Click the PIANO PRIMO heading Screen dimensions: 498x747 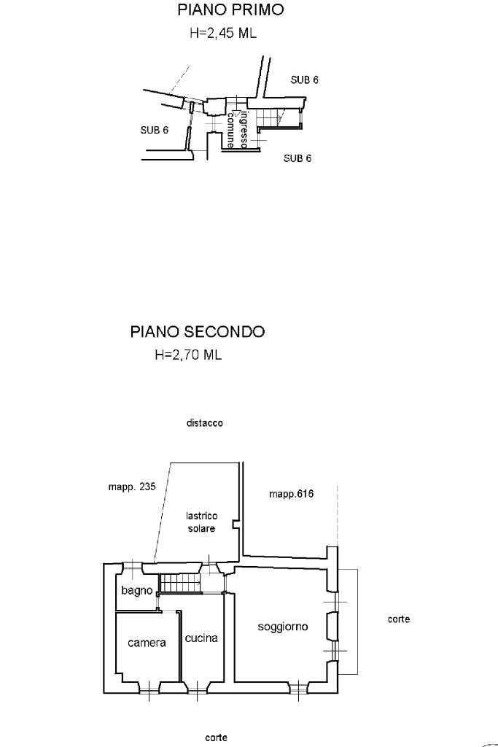(230, 10)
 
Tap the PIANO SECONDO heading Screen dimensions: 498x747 (198, 332)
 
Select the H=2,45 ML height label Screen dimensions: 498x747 (223, 34)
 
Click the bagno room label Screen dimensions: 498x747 (136, 590)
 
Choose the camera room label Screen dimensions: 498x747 (147, 643)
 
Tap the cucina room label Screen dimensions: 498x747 (201, 638)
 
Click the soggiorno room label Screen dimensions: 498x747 (283, 627)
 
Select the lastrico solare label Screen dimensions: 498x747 (201, 522)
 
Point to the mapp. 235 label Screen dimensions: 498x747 (128, 488)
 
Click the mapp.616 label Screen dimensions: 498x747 (291, 494)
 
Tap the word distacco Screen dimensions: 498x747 (204, 423)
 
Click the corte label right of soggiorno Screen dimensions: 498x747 (399, 619)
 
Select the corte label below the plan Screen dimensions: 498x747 (216, 738)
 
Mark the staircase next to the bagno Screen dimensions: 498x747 (179, 584)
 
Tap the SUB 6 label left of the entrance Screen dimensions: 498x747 (155, 131)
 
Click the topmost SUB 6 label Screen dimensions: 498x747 (305, 80)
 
